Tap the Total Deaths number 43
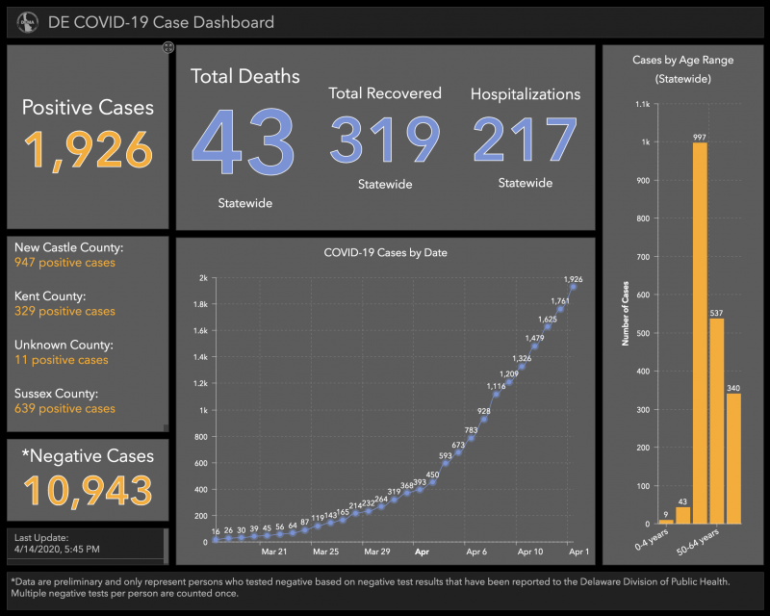[244, 141]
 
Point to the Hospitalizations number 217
[525, 141]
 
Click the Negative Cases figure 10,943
[89, 490]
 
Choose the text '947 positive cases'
[64, 263]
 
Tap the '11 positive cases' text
[62, 360]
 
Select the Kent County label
[51, 296]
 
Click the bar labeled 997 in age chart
[700, 332]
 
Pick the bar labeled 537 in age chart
[716, 420]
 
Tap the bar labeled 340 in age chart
[733, 457]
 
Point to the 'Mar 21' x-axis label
[274, 552]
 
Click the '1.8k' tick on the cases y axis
[199, 304]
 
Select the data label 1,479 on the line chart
[534, 338]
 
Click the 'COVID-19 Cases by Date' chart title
[385, 253]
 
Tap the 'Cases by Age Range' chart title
[682, 60]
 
